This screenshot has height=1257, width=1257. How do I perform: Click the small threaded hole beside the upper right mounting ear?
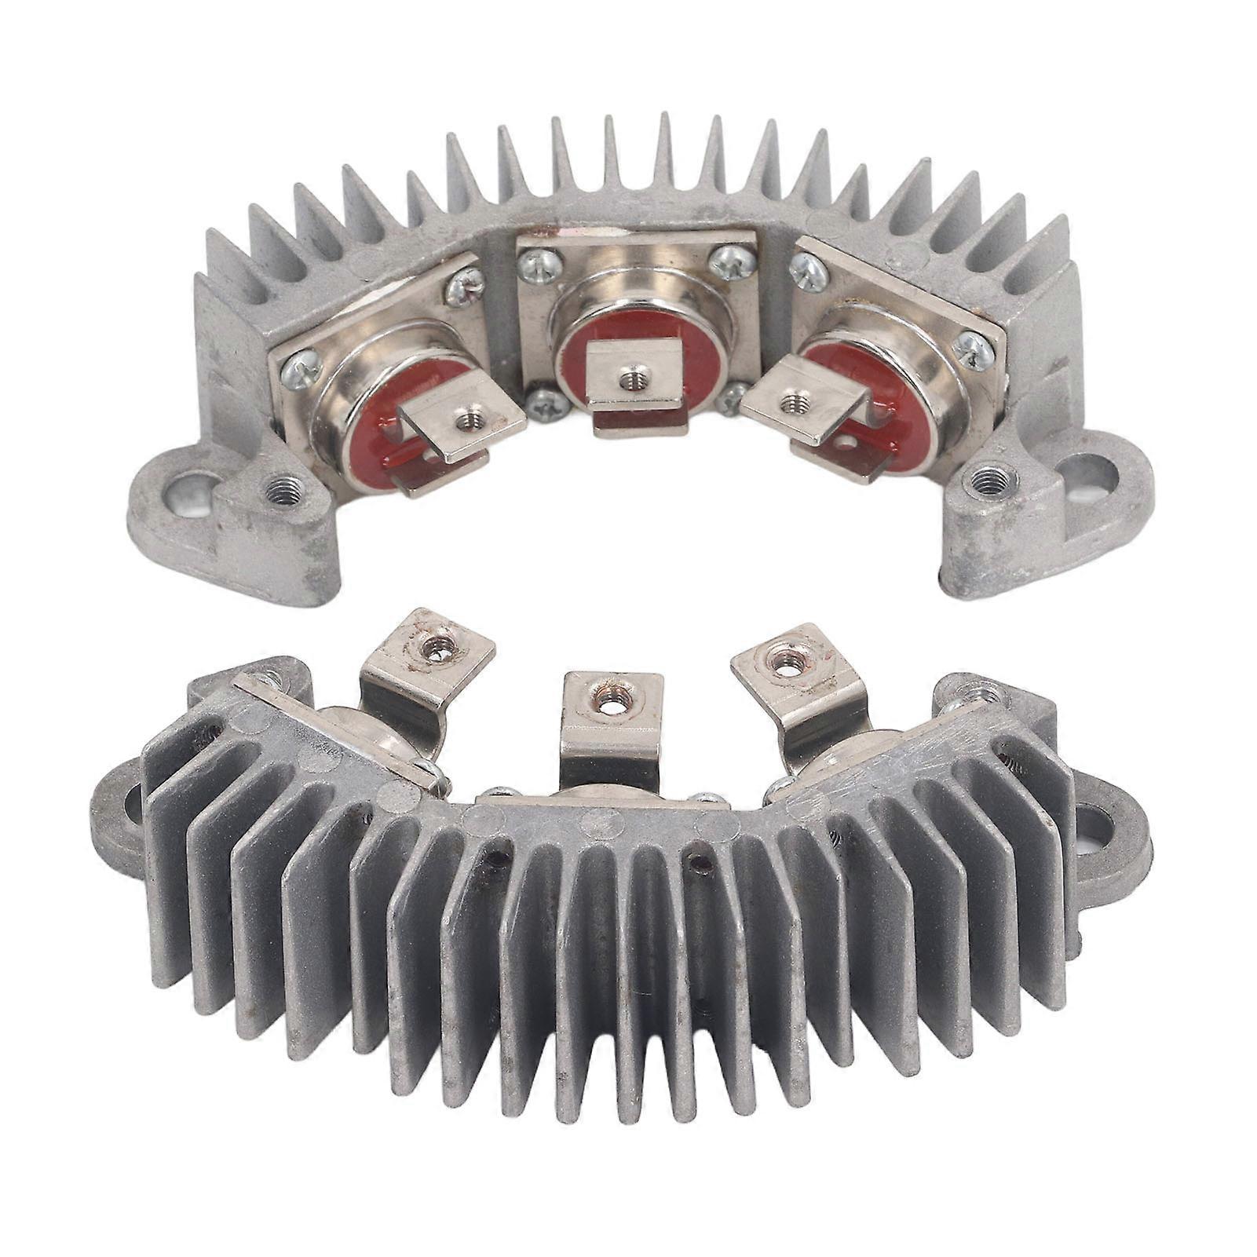coord(984,478)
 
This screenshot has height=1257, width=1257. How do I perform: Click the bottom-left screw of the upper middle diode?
coord(541,406)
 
